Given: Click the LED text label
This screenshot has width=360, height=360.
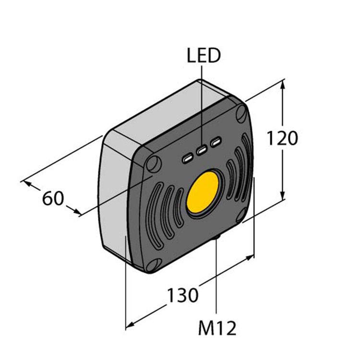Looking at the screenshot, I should (x=203, y=56).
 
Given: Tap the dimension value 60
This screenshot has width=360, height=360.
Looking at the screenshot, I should (x=53, y=198).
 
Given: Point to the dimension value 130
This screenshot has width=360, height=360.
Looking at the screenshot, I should (x=182, y=295).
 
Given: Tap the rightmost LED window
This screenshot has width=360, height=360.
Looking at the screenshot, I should (x=217, y=142).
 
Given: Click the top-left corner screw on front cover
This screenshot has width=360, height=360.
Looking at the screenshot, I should (x=154, y=164).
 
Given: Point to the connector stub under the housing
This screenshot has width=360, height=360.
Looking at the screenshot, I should (x=217, y=237).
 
